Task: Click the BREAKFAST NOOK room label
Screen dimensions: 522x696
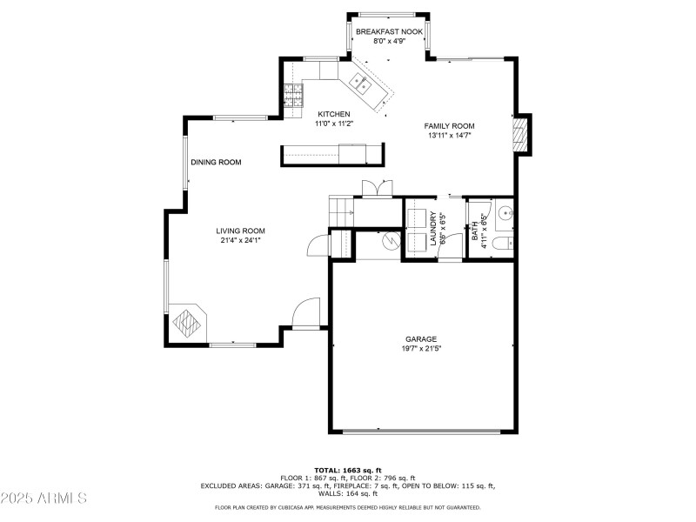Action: [389, 31]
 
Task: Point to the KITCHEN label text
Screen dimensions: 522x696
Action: [334, 114]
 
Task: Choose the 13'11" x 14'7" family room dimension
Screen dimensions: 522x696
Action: [450, 136]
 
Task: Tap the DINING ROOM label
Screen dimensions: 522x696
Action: [216, 162]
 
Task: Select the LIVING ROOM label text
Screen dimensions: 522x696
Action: [241, 231]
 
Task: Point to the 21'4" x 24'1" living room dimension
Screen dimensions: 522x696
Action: [241, 240]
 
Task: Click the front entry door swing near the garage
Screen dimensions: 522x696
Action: [306, 314]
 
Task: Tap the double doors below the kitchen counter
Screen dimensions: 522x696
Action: [377, 188]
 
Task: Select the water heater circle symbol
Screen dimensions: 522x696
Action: [387, 241]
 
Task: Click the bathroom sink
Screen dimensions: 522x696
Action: [505, 211]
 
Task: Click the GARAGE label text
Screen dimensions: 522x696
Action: [421, 339]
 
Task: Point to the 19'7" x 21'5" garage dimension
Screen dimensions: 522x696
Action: [421, 349]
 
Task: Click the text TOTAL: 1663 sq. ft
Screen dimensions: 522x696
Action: [348, 470]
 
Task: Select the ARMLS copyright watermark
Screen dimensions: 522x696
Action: [44, 499]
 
